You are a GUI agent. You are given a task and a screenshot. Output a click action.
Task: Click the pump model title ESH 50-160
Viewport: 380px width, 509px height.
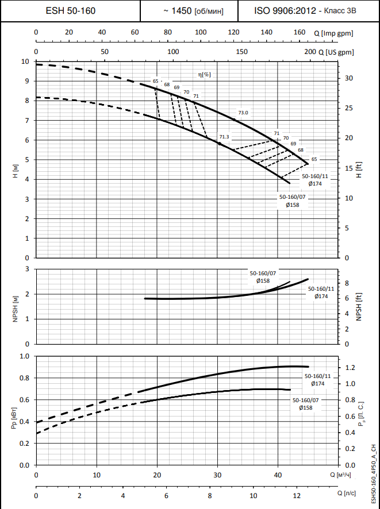pyautogui.click(x=70, y=11)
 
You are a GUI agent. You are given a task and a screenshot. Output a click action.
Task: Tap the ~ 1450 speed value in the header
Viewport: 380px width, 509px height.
pyautogui.click(x=178, y=11)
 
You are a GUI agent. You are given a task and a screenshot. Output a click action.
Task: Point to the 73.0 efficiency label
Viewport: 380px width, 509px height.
pyautogui.click(x=243, y=113)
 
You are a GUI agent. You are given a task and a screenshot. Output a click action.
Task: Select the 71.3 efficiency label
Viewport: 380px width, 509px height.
pyautogui.click(x=224, y=137)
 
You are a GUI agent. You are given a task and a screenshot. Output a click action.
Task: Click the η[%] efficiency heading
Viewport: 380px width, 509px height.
pyautogui.click(x=204, y=75)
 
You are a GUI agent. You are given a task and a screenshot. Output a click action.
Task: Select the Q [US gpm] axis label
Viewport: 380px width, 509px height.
pyautogui.click(x=336, y=52)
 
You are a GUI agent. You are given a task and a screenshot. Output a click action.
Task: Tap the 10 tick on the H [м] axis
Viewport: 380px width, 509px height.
pyautogui.click(x=25, y=61)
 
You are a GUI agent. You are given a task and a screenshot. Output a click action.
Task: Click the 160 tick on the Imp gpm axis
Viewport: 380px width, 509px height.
pyautogui.click(x=300, y=33)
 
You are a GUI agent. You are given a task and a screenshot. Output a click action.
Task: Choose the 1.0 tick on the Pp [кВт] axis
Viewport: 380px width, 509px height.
pyautogui.click(x=24, y=356)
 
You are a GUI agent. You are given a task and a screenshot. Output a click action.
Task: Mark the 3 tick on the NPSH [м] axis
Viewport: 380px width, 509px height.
pyautogui.click(x=27, y=269)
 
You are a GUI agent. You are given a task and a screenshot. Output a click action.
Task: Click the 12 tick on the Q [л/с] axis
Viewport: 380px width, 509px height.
pyautogui.click(x=296, y=495)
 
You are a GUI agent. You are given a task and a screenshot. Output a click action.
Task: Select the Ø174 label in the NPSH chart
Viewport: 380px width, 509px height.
pyautogui.click(x=321, y=296)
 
